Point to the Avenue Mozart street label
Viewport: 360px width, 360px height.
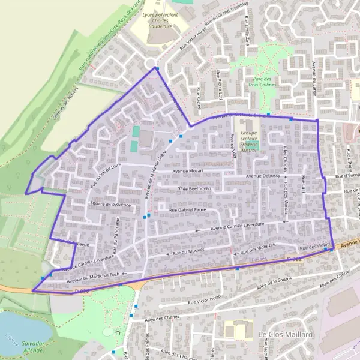click(x=189, y=172)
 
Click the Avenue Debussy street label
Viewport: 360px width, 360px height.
click(x=263, y=176)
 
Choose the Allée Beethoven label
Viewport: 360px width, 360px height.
click(x=195, y=188)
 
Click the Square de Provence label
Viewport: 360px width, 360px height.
click(x=110, y=205)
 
